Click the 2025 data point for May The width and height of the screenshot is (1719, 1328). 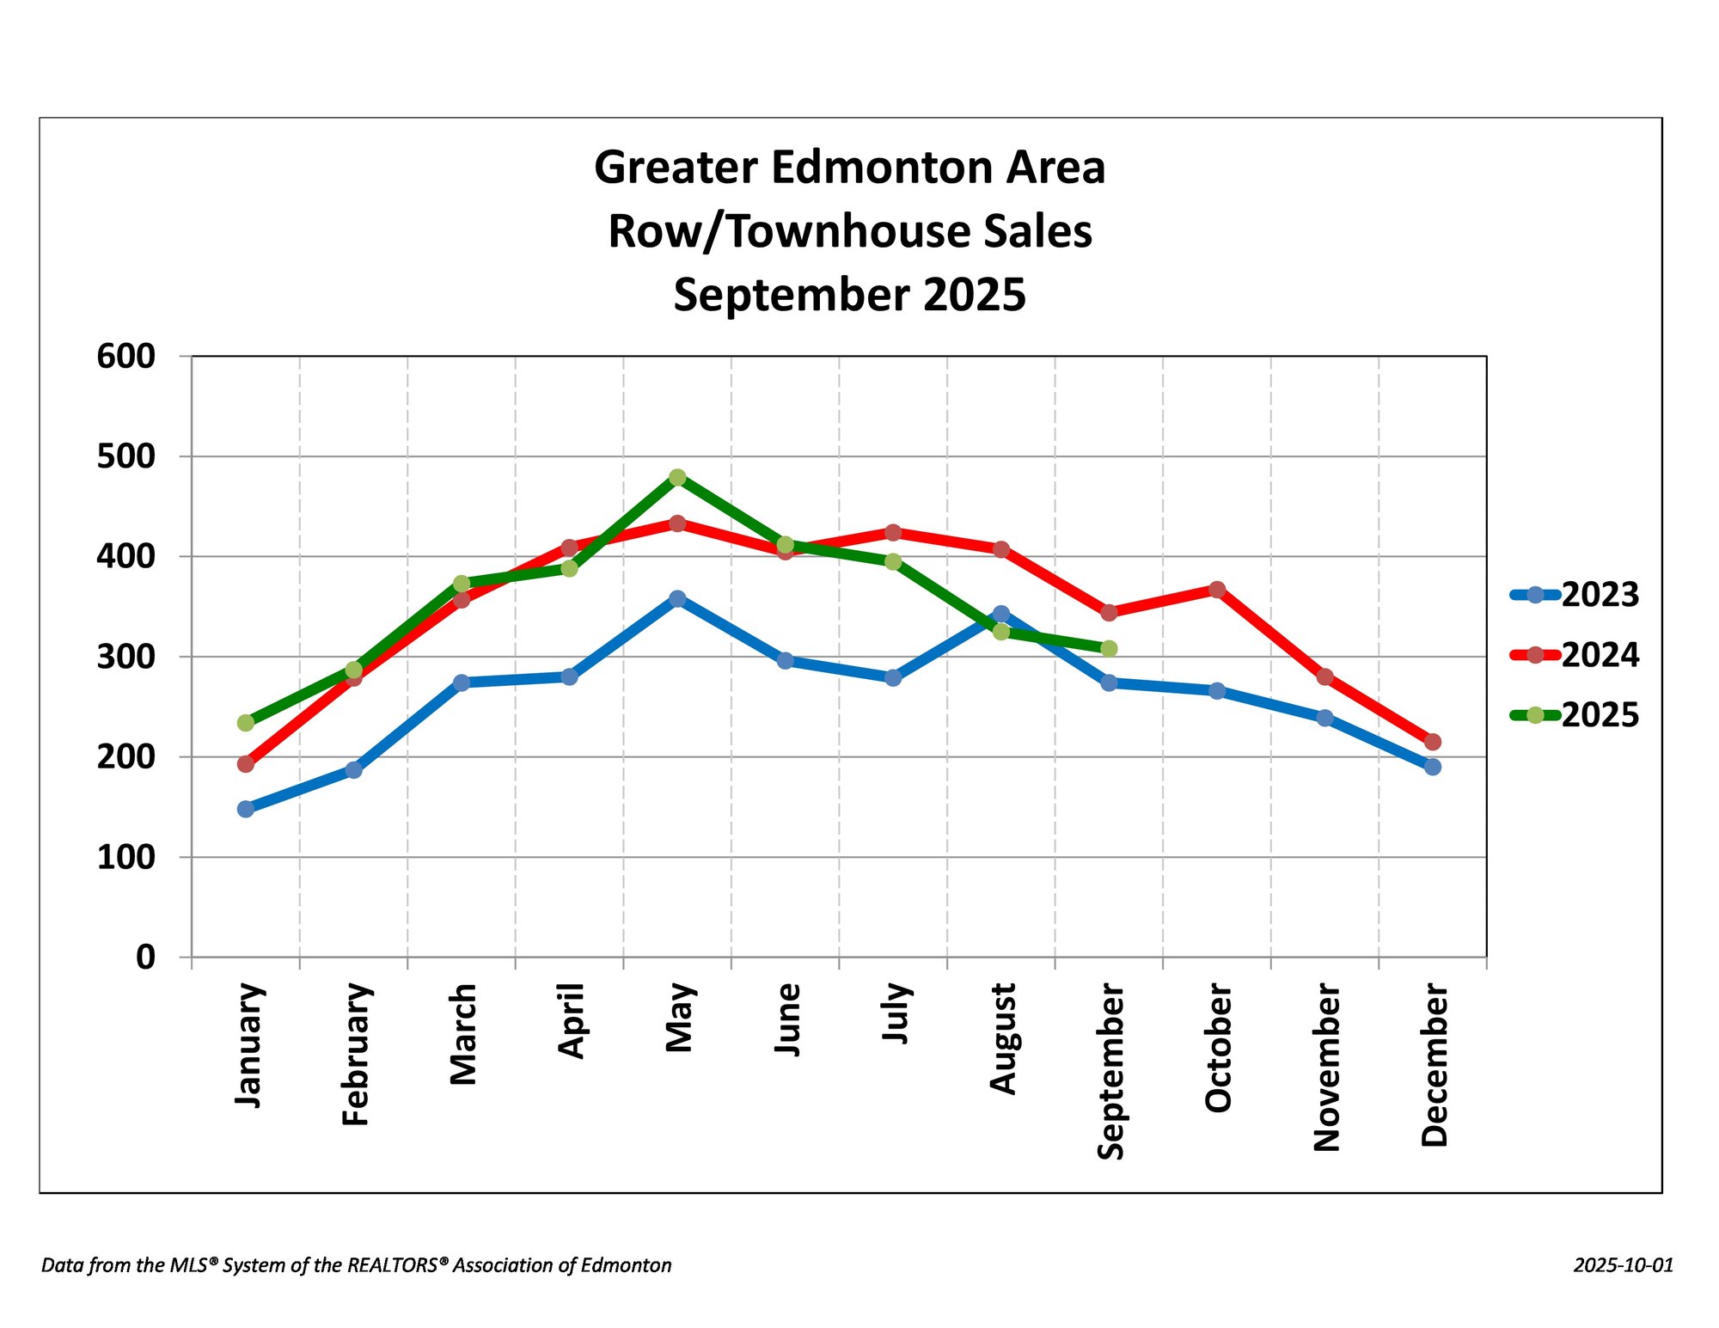tap(677, 477)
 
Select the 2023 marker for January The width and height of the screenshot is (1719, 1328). tap(246, 809)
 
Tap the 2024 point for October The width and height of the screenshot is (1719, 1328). tap(1217, 590)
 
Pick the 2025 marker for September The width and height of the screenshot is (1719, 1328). tap(1109, 648)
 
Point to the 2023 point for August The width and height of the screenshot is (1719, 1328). tap(1001, 614)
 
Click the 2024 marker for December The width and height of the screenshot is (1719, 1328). tap(1433, 742)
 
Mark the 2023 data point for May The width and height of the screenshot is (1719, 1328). tap(677, 598)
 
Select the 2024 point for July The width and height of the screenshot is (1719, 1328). tap(893, 532)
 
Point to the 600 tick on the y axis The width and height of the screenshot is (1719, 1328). tap(126, 356)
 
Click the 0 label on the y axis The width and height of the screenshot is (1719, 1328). tap(145, 957)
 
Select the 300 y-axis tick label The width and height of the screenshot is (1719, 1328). tap(126, 657)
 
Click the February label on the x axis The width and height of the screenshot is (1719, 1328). tap(356, 1055)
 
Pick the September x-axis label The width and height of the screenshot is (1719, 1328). tap(1110, 1072)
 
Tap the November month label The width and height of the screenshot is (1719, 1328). tap(1327, 1068)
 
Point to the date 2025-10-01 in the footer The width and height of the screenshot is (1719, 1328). tap(1624, 1265)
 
